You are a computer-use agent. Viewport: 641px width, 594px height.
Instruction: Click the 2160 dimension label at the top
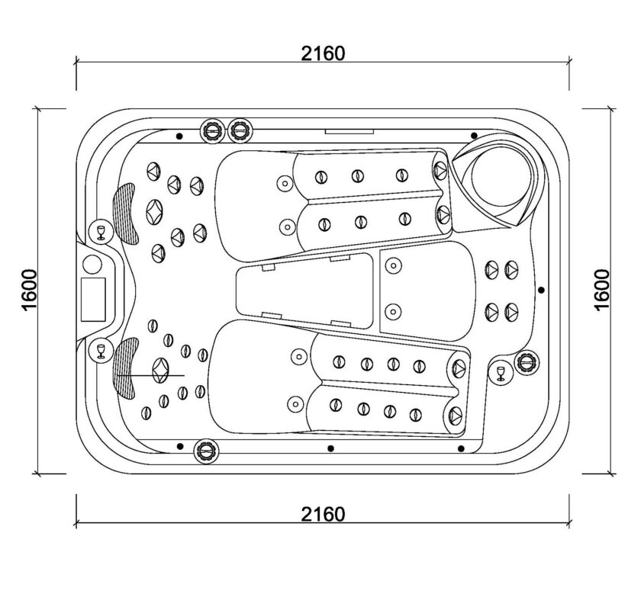[x=323, y=53]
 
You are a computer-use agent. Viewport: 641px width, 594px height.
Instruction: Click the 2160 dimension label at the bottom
[x=323, y=515]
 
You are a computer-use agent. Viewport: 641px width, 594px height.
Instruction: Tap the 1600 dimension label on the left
[x=30, y=290]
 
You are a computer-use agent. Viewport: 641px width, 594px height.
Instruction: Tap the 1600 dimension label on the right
[x=602, y=290]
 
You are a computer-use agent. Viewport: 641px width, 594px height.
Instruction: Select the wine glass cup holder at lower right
[x=501, y=374]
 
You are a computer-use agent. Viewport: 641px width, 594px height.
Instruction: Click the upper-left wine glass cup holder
[x=101, y=232]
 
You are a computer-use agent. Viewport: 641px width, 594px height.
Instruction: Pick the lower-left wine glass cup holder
[x=101, y=351]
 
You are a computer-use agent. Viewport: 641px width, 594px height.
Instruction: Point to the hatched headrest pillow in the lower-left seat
[x=127, y=368]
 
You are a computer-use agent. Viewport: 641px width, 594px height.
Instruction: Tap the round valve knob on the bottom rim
[x=205, y=451]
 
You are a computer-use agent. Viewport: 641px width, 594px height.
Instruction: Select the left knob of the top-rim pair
[x=212, y=130]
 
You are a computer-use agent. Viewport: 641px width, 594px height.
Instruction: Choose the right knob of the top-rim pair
[x=240, y=130]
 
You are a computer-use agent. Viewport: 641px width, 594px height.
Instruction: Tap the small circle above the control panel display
[x=92, y=265]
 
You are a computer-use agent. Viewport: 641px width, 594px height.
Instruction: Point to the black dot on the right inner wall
[x=541, y=290]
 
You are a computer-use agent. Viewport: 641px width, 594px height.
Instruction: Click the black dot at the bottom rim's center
[x=330, y=448]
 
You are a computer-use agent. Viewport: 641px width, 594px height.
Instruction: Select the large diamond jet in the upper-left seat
[x=154, y=213]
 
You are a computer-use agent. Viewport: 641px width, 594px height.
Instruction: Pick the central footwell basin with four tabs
[x=305, y=290]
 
